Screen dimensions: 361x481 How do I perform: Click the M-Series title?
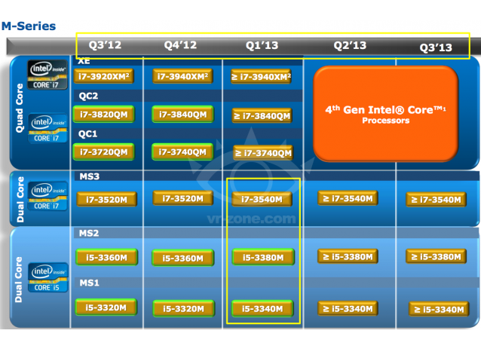29,26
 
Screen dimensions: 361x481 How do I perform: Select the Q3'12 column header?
105,45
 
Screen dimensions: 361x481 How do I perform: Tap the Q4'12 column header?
180,45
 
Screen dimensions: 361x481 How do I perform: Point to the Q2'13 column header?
350,45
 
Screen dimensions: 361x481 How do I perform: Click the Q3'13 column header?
436,47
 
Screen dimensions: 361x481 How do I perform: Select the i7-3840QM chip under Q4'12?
181,114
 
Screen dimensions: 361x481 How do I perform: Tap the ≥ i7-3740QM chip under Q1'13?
262,153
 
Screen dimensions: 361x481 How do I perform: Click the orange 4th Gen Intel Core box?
384,115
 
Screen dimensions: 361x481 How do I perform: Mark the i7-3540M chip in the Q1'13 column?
262,199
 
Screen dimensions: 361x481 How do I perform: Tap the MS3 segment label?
90,176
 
